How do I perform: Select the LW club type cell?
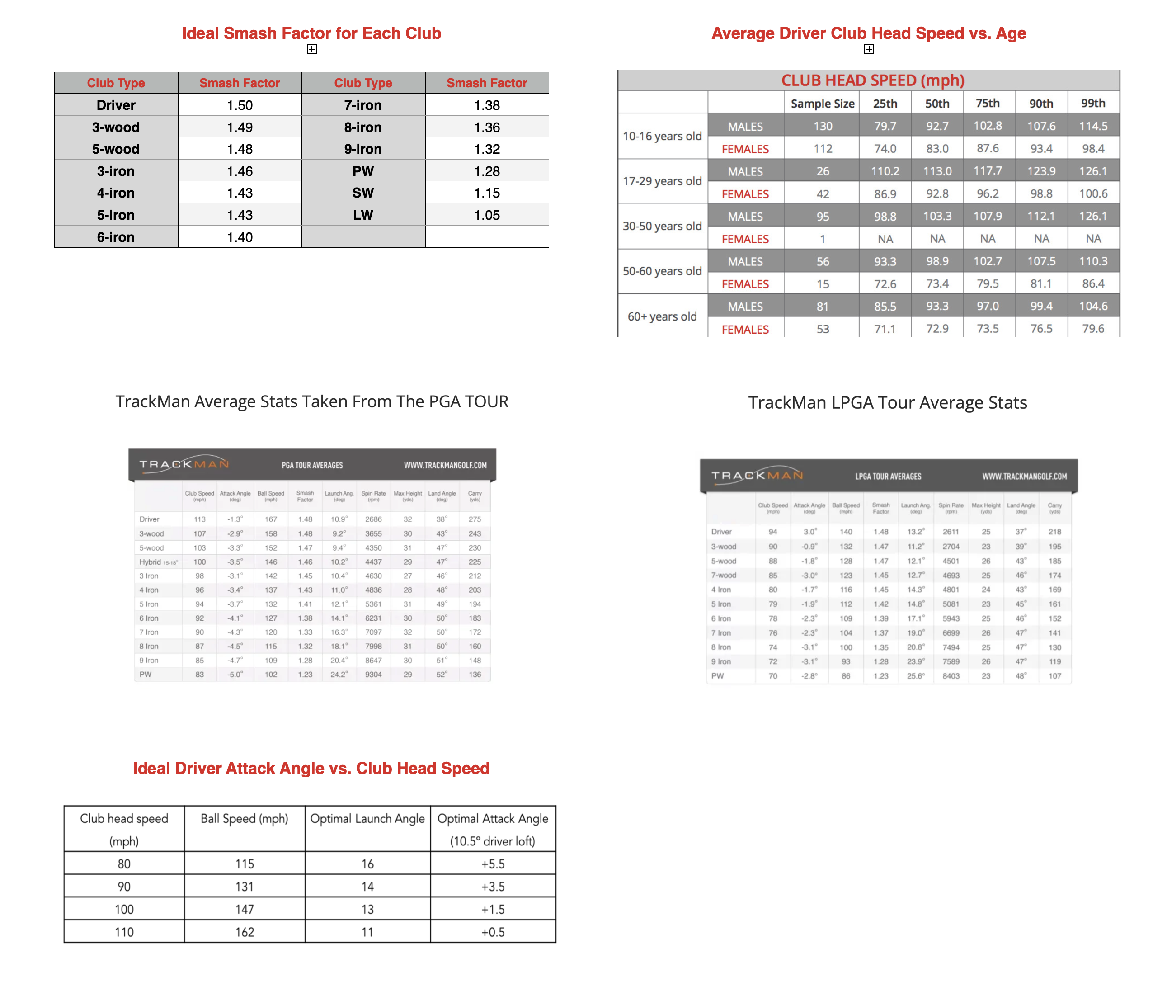click(x=363, y=215)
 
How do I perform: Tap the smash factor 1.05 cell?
click(x=486, y=215)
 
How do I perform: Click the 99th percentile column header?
click(x=1092, y=104)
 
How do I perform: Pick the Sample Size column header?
click(x=822, y=104)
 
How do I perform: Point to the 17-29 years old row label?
click(x=662, y=181)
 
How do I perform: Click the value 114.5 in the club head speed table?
click(x=1092, y=126)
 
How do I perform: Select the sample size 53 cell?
click(x=822, y=329)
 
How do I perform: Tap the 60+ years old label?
click(x=662, y=316)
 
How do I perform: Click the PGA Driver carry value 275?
click(x=475, y=519)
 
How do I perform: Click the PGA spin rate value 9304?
click(x=373, y=674)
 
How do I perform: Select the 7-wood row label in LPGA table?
click(x=723, y=575)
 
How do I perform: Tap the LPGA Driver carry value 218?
click(x=1054, y=532)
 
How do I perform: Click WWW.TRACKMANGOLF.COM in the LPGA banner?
click(x=1024, y=477)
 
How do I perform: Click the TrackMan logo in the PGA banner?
click(x=184, y=464)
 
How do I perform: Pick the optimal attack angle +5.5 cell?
click(x=493, y=864)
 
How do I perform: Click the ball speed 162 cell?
click(x=245, y=932)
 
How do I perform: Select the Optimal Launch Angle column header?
click(x=367, y=819)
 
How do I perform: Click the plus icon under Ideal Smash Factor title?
click(x=312, y=49)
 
